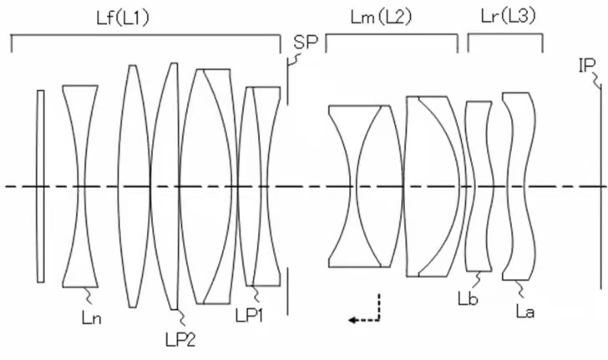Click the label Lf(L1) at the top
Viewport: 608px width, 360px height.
coord(123,18)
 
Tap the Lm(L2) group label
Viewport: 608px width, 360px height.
coord(381,17)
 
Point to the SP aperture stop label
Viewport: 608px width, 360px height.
coord(306,42)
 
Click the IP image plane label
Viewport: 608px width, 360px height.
coord(586,66)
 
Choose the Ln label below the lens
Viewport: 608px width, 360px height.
coord(92,317)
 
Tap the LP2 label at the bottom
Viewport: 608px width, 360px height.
coord(180,340)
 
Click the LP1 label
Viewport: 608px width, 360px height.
coord(250,315)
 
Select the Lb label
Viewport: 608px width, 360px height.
coord(468,299)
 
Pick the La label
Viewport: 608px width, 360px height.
coord(525,311)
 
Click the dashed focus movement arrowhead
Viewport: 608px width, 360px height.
coord(352,320)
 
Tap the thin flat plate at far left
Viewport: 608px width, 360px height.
coord(41,186)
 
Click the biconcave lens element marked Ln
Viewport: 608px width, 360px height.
coord(80,186)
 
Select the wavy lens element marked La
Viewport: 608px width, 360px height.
coord(519,186)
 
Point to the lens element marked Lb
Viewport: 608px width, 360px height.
coord(479,186)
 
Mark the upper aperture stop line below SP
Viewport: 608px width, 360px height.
coord(287,82)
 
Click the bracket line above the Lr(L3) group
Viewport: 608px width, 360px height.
coord(505,34)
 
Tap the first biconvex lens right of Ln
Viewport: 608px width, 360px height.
coord(134,186)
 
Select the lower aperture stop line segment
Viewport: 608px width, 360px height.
coord(287,291)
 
